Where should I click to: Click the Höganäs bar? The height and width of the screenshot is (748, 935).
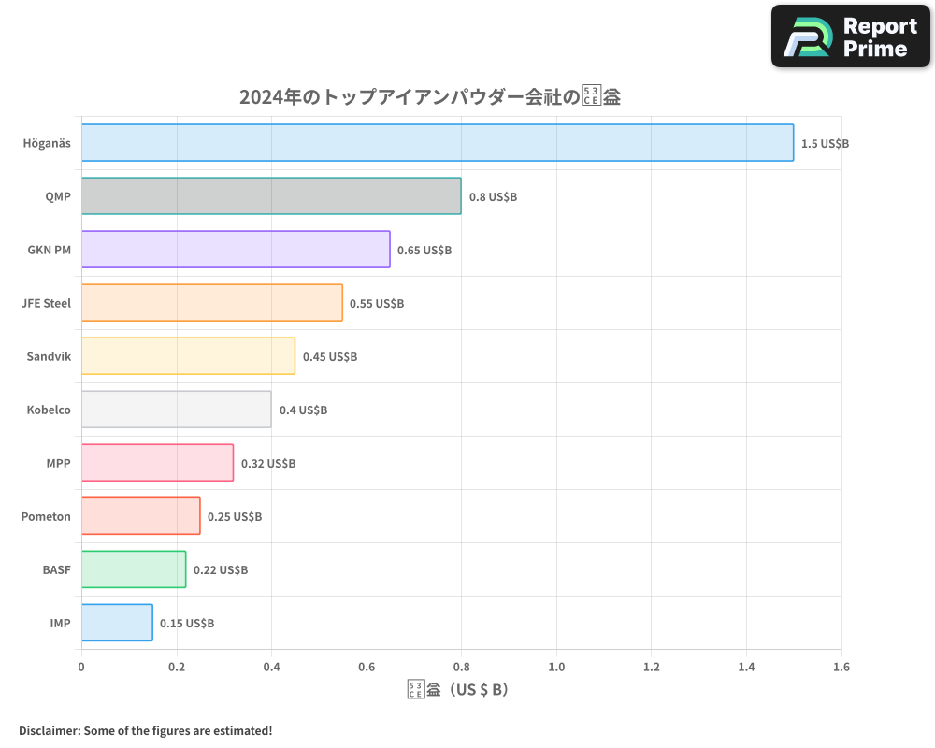pyautogui.click(x=438, y=143)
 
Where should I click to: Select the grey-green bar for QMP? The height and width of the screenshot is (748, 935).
pyautogui.click(x=271, y=196)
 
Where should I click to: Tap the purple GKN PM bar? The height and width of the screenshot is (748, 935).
pyautogui.click(x=236, y=250)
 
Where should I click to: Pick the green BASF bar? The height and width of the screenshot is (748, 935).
pyautogui.click(x=134, y=569)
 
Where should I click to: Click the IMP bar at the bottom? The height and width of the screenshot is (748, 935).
pyautogui.click(x=117, y=623)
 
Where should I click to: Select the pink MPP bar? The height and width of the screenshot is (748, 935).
pyautogui.click(x=157, y=463)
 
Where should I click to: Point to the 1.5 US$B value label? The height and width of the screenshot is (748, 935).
pyautogui.click(x=825, y=144)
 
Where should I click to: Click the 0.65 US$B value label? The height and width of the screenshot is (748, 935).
pyautogui.click(x=424, y=251)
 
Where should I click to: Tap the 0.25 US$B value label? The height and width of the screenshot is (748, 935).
pyautogui.click(x=235, y=517)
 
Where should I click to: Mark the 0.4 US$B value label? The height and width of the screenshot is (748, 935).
pyautogui.click(x=303, y=410)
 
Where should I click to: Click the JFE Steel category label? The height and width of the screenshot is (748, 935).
pyautogui.click(x=46, y=303)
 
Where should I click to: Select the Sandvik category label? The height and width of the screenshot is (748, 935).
pyautogui.click(x=49, y=356)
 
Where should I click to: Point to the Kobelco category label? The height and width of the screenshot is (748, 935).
pyautogui.click(x=49, y=410)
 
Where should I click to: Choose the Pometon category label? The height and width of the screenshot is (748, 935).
pyautogui.click(x=46, y=516)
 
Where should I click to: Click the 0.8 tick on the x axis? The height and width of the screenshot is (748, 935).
pyautogui.click(x=461, y=668)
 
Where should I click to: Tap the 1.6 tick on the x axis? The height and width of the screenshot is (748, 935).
pyautogui.click(x=841, y=668)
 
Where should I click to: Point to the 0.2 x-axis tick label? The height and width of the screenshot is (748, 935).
pyautogui.click(x=177, y=668)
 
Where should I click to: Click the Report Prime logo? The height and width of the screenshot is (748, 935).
pyautogui.click(x=851, y=36)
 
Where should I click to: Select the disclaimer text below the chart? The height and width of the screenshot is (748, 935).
pyautogui.click(x=145, y=730)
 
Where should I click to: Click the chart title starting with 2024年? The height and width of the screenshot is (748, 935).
pyautogui.click(x=430, y=97)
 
